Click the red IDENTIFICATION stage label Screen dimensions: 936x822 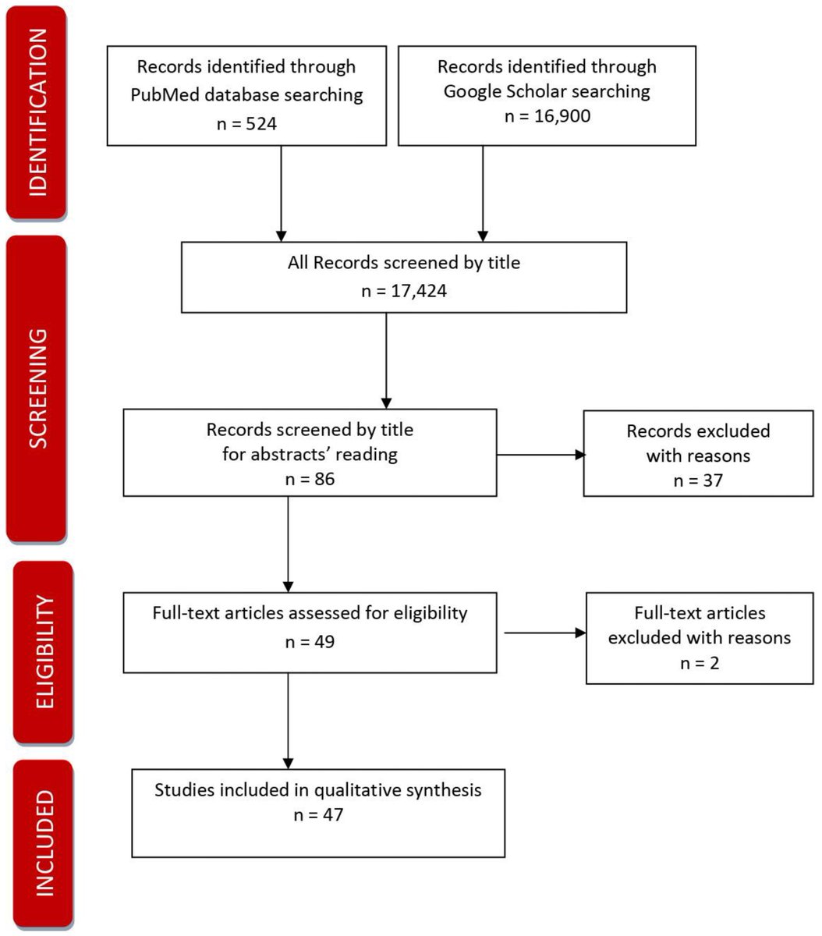pyautogui.click(x=36, y=112)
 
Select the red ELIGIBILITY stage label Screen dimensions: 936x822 pyautogui.click(x=44, y=652)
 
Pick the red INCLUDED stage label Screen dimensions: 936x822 pyautogui.click(x=44, y=843)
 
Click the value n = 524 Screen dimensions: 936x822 pyautogui.click(x=246, y=123)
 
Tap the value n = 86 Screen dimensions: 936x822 pyautogui.click(x=310, y=477)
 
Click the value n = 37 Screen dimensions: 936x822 pyautogui.click(x=698, y=480)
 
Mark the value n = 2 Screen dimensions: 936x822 pyautogui.click(x=699, y=663)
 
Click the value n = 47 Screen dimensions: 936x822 pyautogui.click(x=318, y=814)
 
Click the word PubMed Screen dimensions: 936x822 pyautogui.click(x=163, y=95)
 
